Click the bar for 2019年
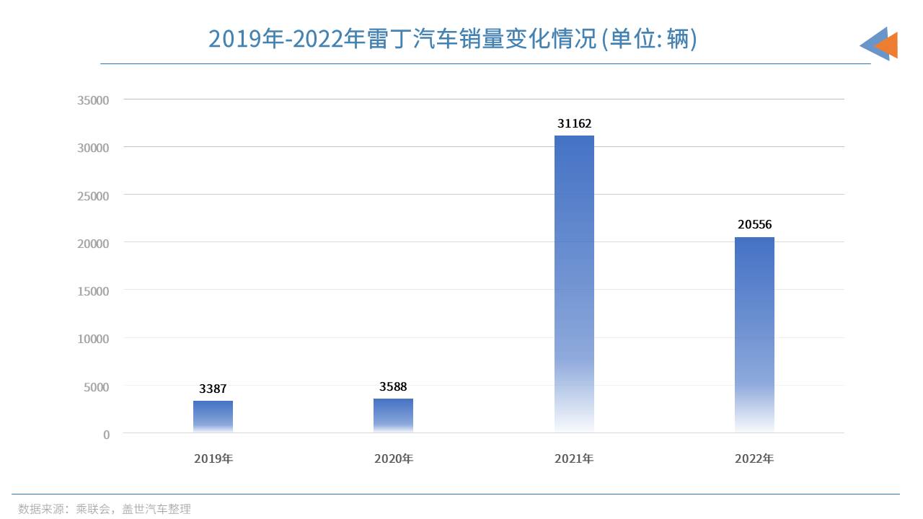(213, 417)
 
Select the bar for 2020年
(393, 416)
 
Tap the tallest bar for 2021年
(574, 284)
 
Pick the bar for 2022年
(754, 334)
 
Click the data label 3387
(213, 389)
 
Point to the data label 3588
(393, 387)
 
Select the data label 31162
(574, 124)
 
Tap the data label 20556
(754, 225)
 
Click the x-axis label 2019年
(213, 458)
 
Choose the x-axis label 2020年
(393, 458)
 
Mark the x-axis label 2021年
(574, 458)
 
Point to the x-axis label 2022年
(754, 458)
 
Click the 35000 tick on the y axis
(93, 100)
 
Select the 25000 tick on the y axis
(93, 196)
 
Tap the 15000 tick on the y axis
(93, 291)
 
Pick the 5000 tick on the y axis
(96, 387)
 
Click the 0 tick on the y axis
(107, 435)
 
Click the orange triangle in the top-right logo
(888, 45)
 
